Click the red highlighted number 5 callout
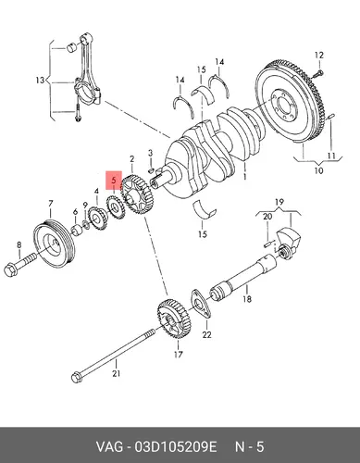click(114, 180)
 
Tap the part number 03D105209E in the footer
click(175, 447)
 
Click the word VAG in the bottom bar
click(109, 447)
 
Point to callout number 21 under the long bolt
click(116, 373)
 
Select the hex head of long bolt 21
click(77, 378)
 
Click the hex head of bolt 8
click(11, 269)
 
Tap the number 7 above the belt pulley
click(51, 204)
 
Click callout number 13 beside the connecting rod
click(40, 81)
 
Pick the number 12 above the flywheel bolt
click(319, 56)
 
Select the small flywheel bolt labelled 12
click(318, 74)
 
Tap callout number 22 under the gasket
click(206, 334)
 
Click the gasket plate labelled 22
click(201, 303)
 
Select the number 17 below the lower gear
click(179, 355)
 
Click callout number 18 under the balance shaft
click(247, 299)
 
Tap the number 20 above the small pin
click(267, 217)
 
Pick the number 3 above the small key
click(150, 153)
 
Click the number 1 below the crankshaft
click(245, 177)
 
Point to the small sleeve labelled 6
click(77, 231)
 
